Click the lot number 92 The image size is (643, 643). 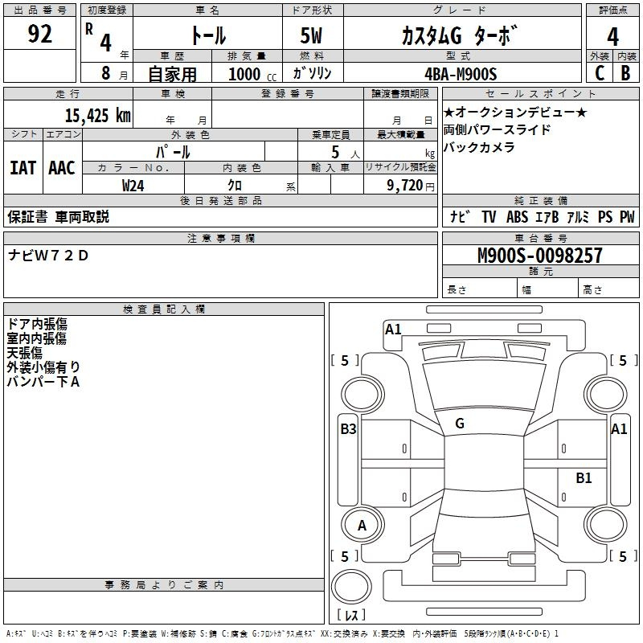(39, 34)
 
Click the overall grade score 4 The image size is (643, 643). (612, 37)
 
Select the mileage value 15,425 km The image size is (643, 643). (98, 116)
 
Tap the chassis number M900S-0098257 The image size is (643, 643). (540, 256)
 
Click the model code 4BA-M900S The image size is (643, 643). (461, 74)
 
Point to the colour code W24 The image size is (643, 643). (133, 186)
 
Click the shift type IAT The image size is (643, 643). (23, 168)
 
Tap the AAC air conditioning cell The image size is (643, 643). (62, 168)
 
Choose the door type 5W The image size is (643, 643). (311, 35)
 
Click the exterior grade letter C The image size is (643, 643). (599, 73)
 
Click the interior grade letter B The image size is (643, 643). (626, 73)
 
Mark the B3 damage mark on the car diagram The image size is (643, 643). (349, 429)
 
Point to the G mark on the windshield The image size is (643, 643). (460, 424)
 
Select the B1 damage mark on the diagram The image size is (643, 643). (584, 477)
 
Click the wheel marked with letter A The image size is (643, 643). (362, 526)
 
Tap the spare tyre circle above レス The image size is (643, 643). (351, 587)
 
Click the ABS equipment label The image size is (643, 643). (517, 217)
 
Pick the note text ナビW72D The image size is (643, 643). (48, 256)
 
